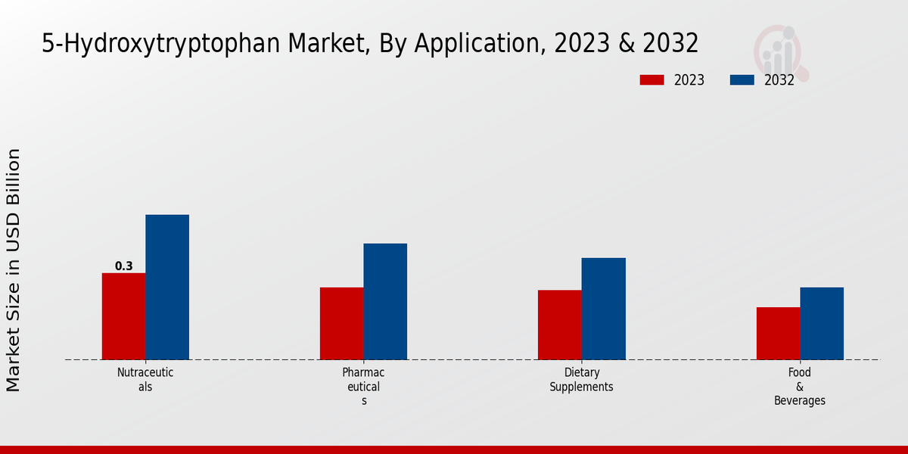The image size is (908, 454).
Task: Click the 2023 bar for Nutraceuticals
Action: pos(123,316)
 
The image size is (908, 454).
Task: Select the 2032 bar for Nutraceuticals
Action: pos(167,288)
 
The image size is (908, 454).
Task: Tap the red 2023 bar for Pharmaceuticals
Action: pos(341,324)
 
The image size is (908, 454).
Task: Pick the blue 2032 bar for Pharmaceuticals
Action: pos(385,302)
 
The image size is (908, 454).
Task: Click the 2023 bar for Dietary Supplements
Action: pos(560,325)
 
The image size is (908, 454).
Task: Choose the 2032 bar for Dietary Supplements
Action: pos(604,309)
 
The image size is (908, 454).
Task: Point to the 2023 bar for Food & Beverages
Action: pos(778,334)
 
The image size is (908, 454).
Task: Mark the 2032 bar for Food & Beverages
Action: pos(822,324)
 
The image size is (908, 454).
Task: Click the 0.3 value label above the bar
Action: pos(124,266)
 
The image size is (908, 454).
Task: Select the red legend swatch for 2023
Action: pos(651,80)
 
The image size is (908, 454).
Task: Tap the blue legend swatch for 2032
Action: pos(742,80)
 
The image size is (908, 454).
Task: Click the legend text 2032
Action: pos(779,80)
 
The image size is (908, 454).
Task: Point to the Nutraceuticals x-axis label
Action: pos(145,379)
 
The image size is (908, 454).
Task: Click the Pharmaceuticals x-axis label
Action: pos(363,387)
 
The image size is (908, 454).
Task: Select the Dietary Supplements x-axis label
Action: pos(581,379)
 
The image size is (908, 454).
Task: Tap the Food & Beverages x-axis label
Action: pos(800,387)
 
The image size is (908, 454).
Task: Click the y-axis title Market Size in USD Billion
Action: pos(14,270)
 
